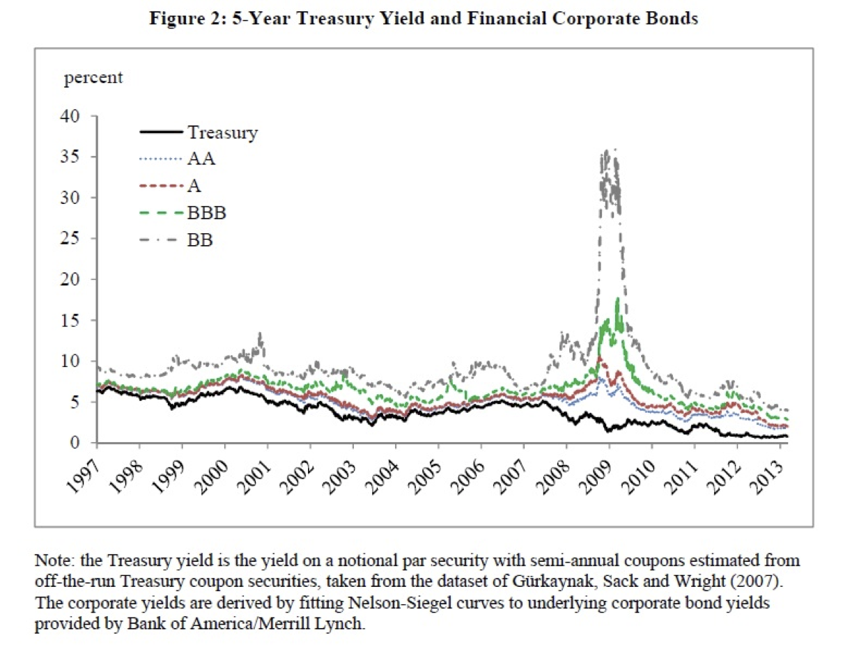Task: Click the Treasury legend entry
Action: point(222,132)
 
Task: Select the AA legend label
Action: point(201,159)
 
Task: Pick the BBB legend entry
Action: point(207,212)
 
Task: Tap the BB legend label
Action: point(201,240)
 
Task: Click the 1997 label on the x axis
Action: point(85,475)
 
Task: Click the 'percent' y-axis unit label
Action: point(93,78)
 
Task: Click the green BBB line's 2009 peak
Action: point(617,299)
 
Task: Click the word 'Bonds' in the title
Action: point(673,19)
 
